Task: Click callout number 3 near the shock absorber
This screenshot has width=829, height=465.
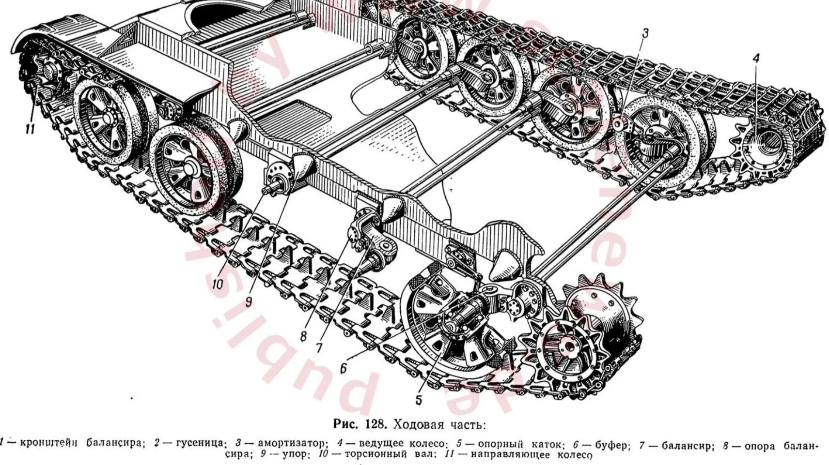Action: [645, 33]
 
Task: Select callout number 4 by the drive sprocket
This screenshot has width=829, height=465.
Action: [756, 59]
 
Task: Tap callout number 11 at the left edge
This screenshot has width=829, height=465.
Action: [30, 129]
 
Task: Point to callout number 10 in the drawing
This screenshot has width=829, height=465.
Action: [218, 284]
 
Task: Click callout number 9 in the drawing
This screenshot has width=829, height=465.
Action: [249, 301]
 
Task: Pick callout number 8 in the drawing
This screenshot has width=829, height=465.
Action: [303, 336]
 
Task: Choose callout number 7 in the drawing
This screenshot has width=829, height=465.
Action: [319, 347]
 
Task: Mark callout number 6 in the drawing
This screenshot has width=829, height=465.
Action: [343, 368]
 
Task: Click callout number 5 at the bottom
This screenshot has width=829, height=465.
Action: [419, 400]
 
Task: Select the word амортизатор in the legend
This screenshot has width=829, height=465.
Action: [293, 443]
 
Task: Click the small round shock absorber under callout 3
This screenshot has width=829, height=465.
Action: [618, 124]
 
